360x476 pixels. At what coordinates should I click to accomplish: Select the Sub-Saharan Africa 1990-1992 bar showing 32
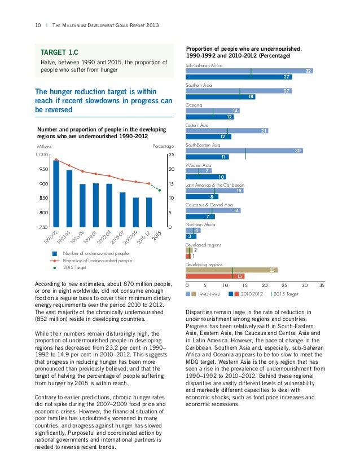pos(249,71)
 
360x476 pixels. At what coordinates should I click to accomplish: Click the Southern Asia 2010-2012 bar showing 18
pos(220,97)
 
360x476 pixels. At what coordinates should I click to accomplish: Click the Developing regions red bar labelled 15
pos(215,276)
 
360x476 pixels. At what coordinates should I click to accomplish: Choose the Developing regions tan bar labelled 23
pos(231,270)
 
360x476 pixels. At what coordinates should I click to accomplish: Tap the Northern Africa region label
pos(200,224)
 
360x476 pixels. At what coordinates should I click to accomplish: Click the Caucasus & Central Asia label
pos(209,204)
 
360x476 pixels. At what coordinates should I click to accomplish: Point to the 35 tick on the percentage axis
pos(322,285)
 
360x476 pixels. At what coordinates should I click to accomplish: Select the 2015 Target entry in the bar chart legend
pos(285,294)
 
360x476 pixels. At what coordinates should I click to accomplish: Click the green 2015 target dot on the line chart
pos(160,190)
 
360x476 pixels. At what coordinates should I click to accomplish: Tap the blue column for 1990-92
pos(56,193)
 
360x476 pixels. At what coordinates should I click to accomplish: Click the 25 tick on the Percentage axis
pos(171,155)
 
